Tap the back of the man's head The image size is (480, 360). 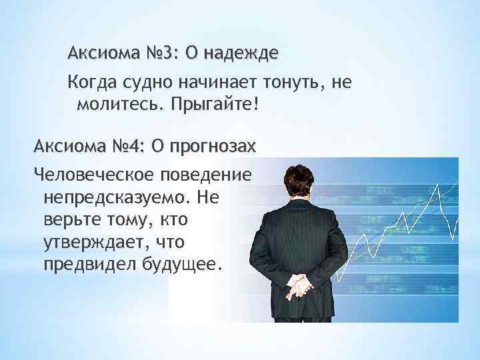(301, 175)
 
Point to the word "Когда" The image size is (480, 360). (89, 83)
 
